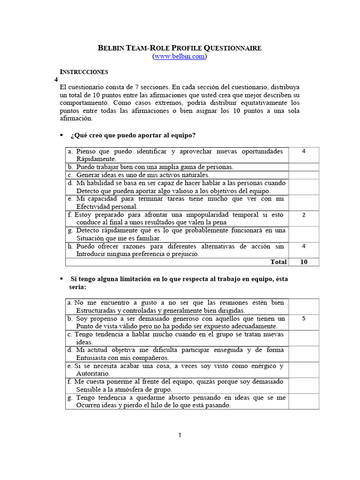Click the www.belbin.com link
tap(180, 57)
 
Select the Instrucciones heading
tap(84, 72)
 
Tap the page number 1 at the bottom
tap(180, 435)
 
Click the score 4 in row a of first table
tap(304, 151)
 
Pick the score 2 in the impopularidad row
tap(304, 215)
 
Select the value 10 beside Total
tap(304, 262)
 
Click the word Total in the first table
tap(278, 262)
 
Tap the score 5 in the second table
tap(304, 318)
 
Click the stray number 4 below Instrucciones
tap(57, 80)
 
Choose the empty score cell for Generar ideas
tap(304, 175)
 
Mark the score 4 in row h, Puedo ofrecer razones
tap(304, 246)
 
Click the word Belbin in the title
tap(111, 48)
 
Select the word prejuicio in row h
tap(185, 254)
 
